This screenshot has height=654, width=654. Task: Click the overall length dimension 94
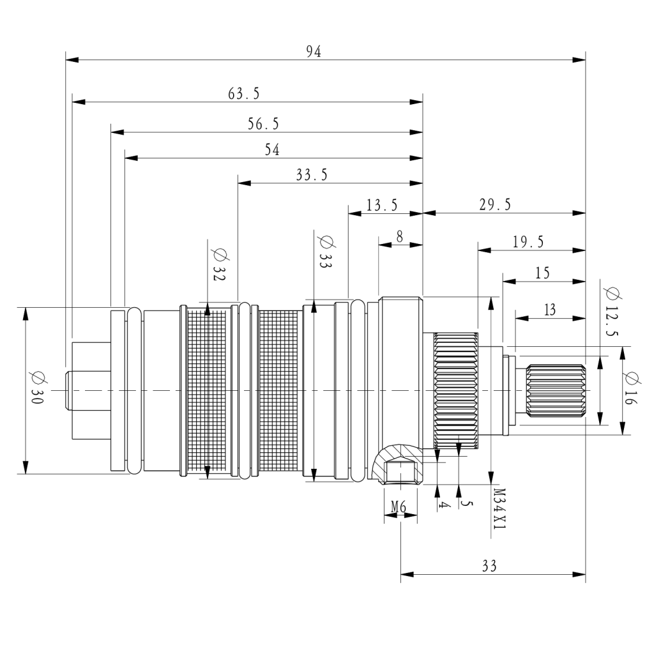click(314, 51)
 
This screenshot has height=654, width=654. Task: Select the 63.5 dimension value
click(243, 93)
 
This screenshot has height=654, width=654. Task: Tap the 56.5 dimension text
click(263, 124)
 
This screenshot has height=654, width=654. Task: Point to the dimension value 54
click(272, 149)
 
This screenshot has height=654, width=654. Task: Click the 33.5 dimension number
click(312, 174)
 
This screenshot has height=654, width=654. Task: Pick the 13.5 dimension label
click(382, 205)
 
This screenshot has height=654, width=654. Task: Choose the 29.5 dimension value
click(495, 204)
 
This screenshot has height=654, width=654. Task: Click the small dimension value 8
click(400, 236)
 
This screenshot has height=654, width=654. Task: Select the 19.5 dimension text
click(528, 242)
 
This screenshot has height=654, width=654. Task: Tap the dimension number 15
click(542, 273)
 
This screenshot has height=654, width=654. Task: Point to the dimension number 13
click(550, 310)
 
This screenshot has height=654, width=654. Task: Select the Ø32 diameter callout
click(220, 264)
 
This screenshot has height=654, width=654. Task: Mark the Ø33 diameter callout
click(326, 252)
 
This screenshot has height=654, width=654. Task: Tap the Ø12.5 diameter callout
click(612, 311)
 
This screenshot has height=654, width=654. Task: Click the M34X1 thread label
click(499, 509)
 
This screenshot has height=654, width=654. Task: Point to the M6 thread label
click(399, 506)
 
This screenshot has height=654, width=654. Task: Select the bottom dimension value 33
click(489, 566)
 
